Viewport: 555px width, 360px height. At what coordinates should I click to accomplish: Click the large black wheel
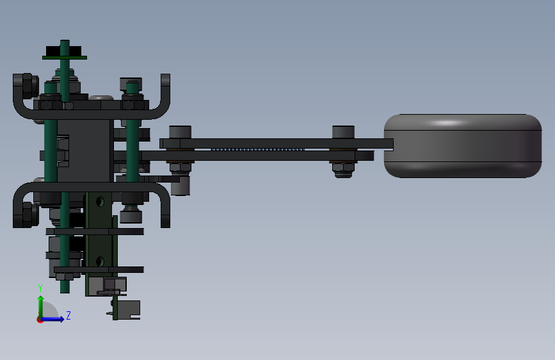463,146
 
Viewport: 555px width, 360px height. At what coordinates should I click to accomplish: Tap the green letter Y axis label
40,288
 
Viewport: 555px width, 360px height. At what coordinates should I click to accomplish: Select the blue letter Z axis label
68,315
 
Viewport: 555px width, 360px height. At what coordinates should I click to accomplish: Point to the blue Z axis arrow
52,319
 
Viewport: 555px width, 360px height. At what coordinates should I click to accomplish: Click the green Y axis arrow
40,307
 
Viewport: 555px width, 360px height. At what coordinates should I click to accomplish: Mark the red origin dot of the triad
40,320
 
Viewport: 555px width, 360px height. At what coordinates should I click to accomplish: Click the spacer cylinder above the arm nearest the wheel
343,132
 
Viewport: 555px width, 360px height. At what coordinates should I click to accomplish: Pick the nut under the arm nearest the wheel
343,170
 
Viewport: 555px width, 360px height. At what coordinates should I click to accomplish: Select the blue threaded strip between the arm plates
258,149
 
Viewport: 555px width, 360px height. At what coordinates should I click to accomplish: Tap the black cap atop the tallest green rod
64,51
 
